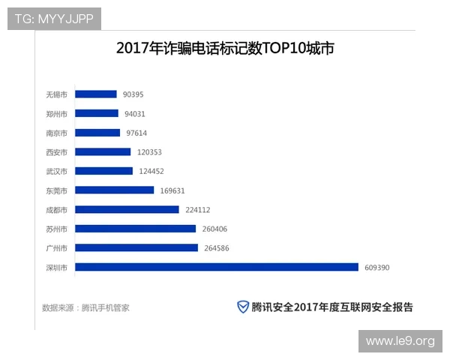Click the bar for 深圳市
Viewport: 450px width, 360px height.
217,267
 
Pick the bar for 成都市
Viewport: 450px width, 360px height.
127,209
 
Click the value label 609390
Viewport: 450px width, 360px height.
377,267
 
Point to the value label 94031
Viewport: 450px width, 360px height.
135,114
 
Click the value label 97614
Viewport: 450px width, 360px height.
136,133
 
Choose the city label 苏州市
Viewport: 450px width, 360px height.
56,229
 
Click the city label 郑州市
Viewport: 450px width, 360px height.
56,114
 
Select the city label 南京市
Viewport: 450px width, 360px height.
56,133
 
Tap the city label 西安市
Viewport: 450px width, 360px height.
56,152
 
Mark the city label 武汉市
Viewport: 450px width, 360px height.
56,171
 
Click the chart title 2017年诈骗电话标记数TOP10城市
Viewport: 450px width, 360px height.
225,49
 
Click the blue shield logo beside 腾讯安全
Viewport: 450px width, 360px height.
243,306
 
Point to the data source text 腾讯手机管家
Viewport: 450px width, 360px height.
105,307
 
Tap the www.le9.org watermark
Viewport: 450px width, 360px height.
400,341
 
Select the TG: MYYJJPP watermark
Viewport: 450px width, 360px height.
53,19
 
